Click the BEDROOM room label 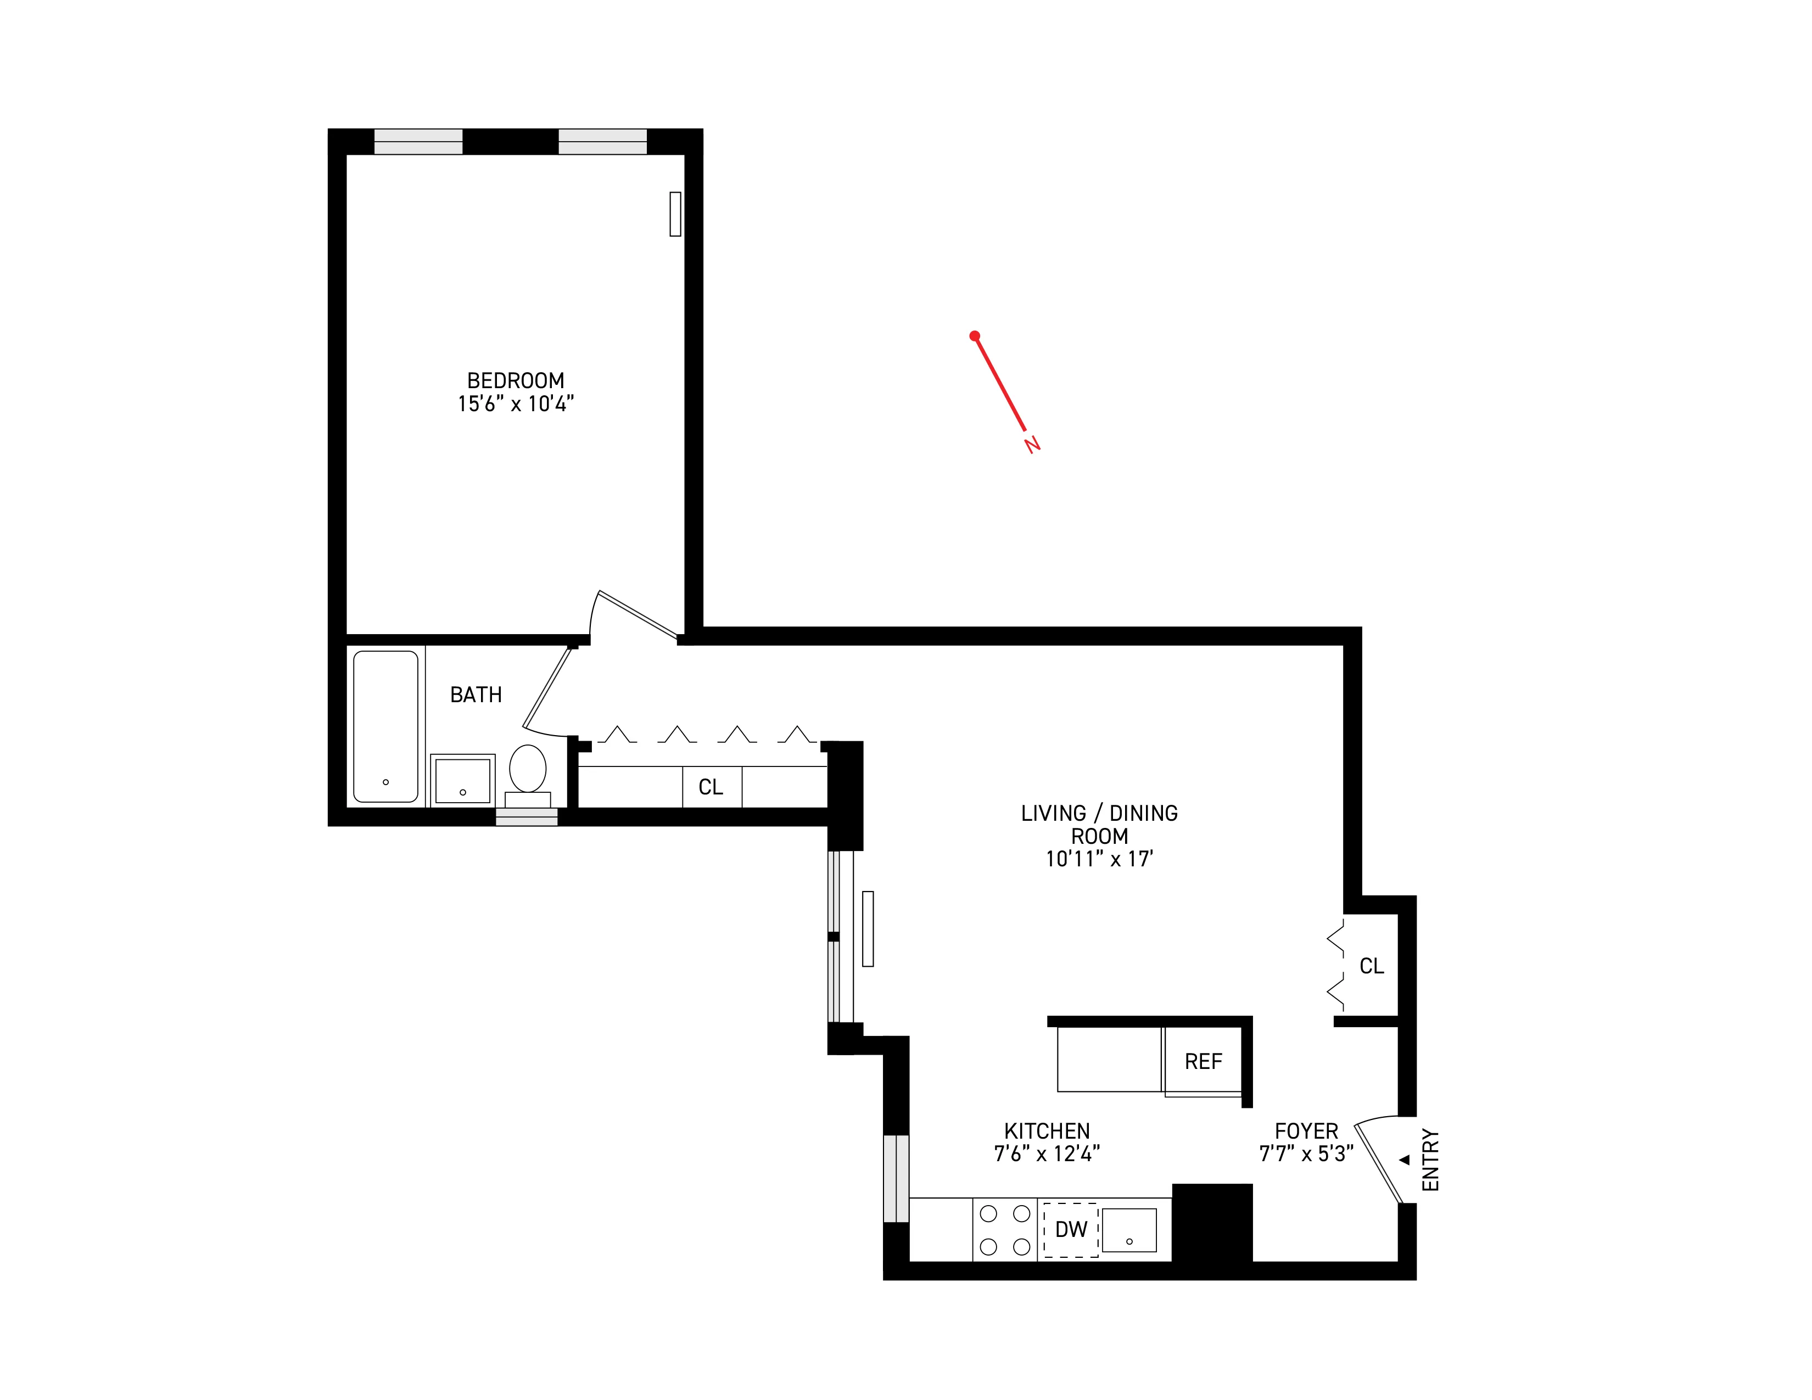[515, 380]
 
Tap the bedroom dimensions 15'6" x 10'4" [515, 404]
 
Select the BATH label [476, 695]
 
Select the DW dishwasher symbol [1070, 1230]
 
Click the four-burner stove [1005, 1230]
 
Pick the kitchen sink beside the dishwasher [1129, 1230]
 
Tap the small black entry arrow [1405, 1160]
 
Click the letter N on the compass [1032, 445]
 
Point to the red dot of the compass [975, 336]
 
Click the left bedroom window [418, 142]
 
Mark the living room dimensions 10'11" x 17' [1099, 859]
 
